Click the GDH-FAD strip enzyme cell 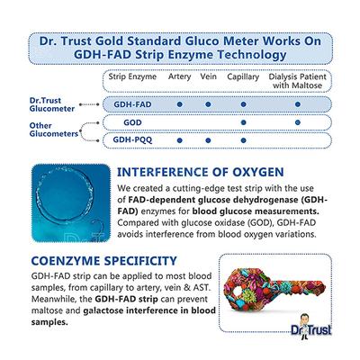(x=120, y=104)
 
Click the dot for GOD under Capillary (x=243, y=122)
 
